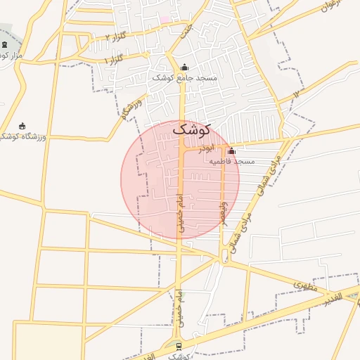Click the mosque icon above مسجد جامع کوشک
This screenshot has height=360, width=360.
click(184, 67)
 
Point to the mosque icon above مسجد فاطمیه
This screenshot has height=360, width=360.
click(231, 150)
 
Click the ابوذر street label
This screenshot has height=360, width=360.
click(205, 149)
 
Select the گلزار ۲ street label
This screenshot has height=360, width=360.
click(117, 36)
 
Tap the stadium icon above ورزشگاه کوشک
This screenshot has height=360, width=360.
click(22, 126)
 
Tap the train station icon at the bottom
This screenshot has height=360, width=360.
click(179, 346)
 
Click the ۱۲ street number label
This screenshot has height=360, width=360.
click(296, 93)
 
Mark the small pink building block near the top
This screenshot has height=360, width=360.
click(165, 20)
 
